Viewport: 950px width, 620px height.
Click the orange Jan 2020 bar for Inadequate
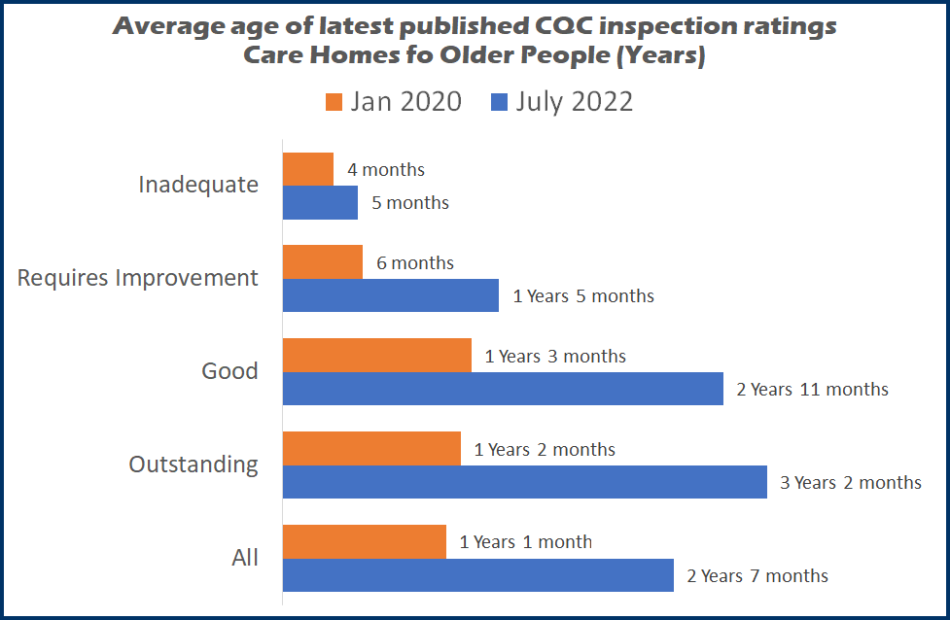click(x=307, y=169)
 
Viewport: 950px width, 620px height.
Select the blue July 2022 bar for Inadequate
click(x=320, y=202)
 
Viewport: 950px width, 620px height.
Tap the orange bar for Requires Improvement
click(x=322, y=262)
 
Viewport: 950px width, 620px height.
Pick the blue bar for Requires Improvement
click(x=390, y=295)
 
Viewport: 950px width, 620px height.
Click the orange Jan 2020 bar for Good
click(x=376, y=356)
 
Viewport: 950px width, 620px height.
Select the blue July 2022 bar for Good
click(x=503, y=389)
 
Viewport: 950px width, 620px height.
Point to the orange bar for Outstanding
click(x=371, y=449)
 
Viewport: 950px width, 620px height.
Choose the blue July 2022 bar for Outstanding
click(x=524, y=482)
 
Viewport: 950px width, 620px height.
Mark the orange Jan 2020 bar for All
click(x=364, y=542)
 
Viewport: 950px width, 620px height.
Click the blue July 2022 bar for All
click(x=477, y=575)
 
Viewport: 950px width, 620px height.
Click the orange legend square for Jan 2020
click(x=334, y=102)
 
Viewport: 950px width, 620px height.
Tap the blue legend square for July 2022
click(x=500, y=102)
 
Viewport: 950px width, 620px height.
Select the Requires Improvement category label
click(x=138, y=278)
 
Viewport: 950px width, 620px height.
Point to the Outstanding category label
click(x=194, y=465)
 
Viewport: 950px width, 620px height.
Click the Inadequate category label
click(x=198, y=185)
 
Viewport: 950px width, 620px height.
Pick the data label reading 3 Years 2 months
click(x=851, y=482)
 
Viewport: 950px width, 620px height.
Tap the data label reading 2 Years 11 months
click(x=812, y=389)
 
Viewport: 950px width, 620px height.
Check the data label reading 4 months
click(x=386, y=169)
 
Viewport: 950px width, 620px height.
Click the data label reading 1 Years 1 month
click(x=526, y=542)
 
